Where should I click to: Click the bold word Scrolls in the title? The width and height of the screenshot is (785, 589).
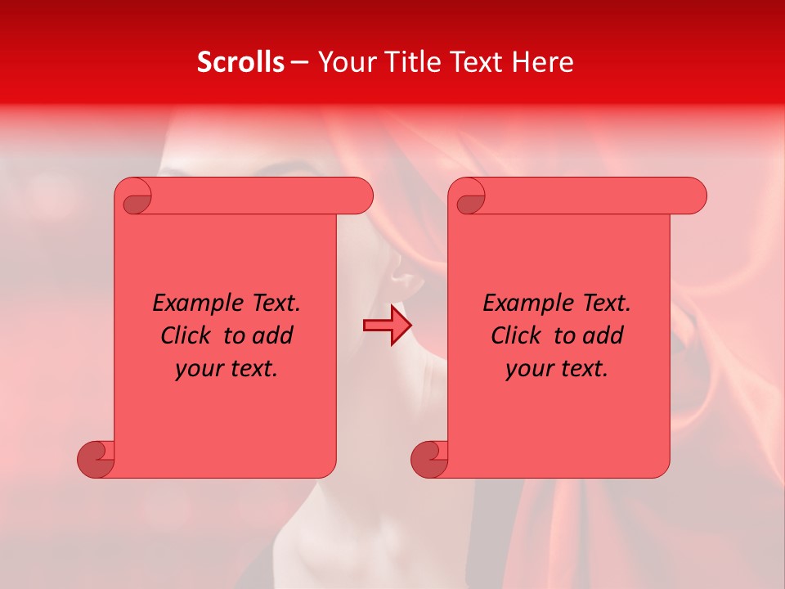click(240, 62)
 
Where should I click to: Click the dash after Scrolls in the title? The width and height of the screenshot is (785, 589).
click(299, 62)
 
